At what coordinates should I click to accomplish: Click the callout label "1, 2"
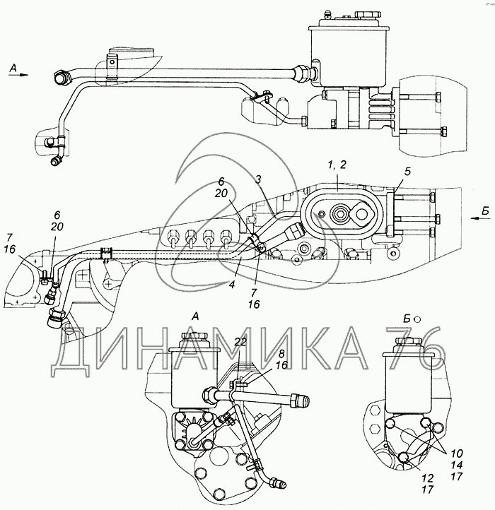point(337,165)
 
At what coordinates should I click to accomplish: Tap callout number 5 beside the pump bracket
point(408,172)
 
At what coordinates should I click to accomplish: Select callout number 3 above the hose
point(258,180)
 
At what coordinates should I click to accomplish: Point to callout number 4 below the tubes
point(232,285)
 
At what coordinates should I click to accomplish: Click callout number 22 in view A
point(240,342)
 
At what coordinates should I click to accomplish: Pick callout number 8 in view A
point(281,354)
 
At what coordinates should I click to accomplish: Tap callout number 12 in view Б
point(428,478)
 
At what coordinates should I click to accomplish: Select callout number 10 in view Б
point(457,453)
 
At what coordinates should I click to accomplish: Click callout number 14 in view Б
point(457,465)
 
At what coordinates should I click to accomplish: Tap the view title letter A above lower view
point(195,316)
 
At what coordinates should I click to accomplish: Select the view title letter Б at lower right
point(407,319)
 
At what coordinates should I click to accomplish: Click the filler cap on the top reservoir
point(368,15)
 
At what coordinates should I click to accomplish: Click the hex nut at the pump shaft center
point(340,214)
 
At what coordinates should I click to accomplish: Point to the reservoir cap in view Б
point(409,343)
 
